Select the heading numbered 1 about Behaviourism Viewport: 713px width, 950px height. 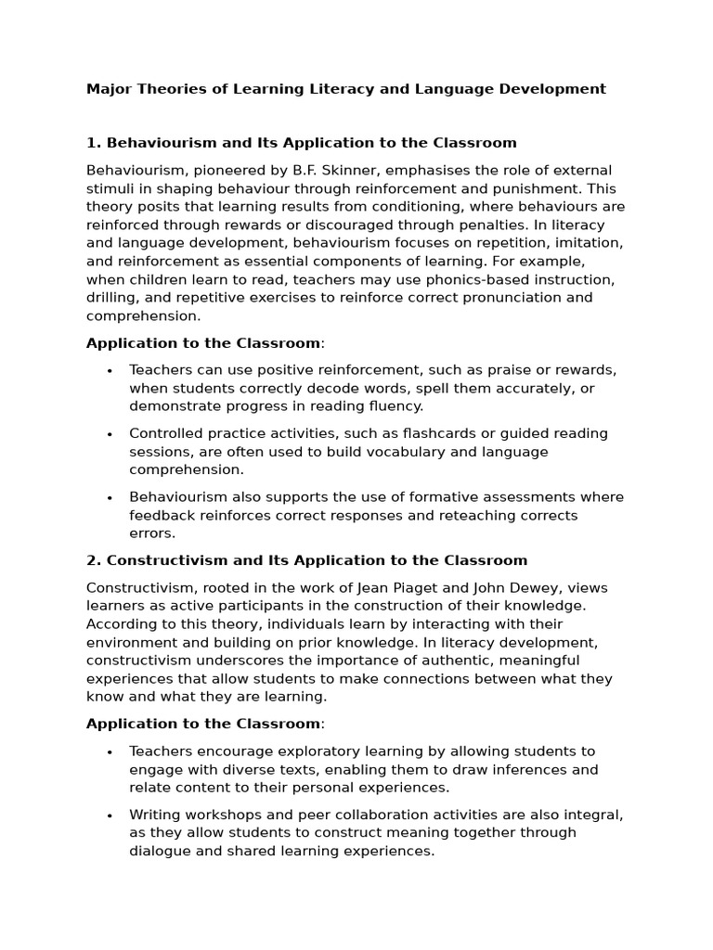point(301,143)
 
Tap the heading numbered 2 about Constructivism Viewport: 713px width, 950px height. point(306,560)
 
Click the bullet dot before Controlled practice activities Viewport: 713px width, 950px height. point(110,434)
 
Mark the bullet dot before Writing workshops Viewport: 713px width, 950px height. point(110,815)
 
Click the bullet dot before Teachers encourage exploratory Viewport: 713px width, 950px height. point(110,752)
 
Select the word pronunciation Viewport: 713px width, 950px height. point(493,298)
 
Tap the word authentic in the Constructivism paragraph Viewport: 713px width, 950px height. point(460,661)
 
